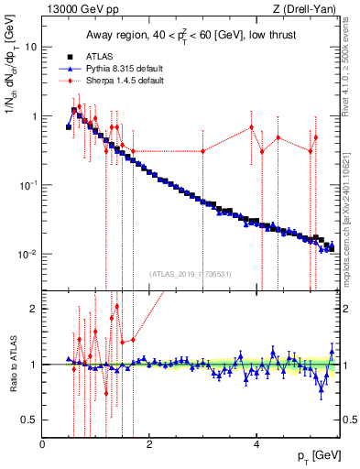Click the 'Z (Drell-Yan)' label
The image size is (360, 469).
(x=306, y=9)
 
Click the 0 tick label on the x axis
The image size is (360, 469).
(x=43, y=444)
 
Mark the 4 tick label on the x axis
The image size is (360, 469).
(x=256, y=444)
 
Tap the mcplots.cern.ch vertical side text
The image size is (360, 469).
(x=351, y=183)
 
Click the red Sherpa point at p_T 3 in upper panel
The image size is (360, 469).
(x=203, y=151)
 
